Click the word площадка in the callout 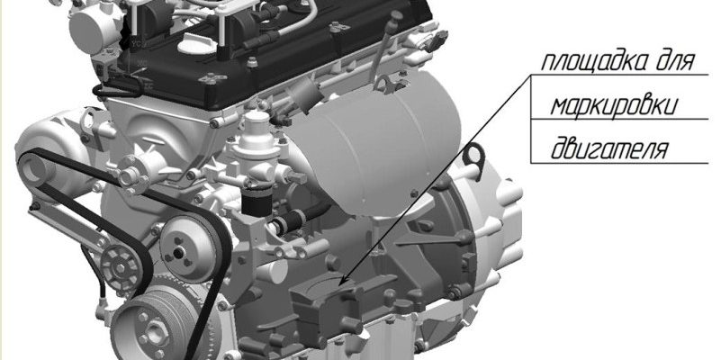[x=594, y=62]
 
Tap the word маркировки [x=614, y=106]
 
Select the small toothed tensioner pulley [x=121, y=267]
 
